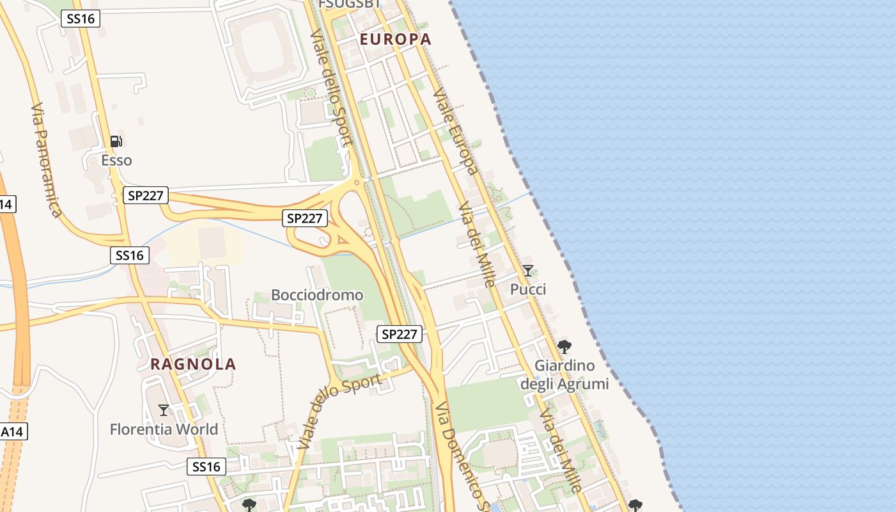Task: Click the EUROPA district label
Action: pyautogui.click(x=395, y=39)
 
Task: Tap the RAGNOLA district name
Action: pyautogui.click(x=193, y=364)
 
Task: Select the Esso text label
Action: pyautogui.click(x=116, y=160)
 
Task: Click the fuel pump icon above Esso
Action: pyautogui.click(x=116, y=141)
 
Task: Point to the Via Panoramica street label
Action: pyautogui.click(x=46, y=159)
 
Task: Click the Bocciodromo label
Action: pyautogui.click(x=317, y=295)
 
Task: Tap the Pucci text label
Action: pyautogui.click(x=528, y=289)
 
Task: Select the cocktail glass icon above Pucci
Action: pyautogui.click(x=527, y=271)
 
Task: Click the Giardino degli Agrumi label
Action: pyautogui.click(x=564, y=374)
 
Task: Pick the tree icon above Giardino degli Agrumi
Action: pyautogui.click(x=564, y=347)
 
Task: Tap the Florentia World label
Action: pyautogui.click(x=164, y=429)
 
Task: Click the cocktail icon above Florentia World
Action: pyautogui.click(x=164, y=410)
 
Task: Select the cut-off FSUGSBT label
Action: pyautogui.click(x=349, y=4)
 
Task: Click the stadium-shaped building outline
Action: pyautogui.click(x=268, y=51)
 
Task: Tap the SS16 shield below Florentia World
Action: pyautogui.click(x=206, y=467)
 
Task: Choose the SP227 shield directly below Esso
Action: pyautogui.click(x=145, y=195)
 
